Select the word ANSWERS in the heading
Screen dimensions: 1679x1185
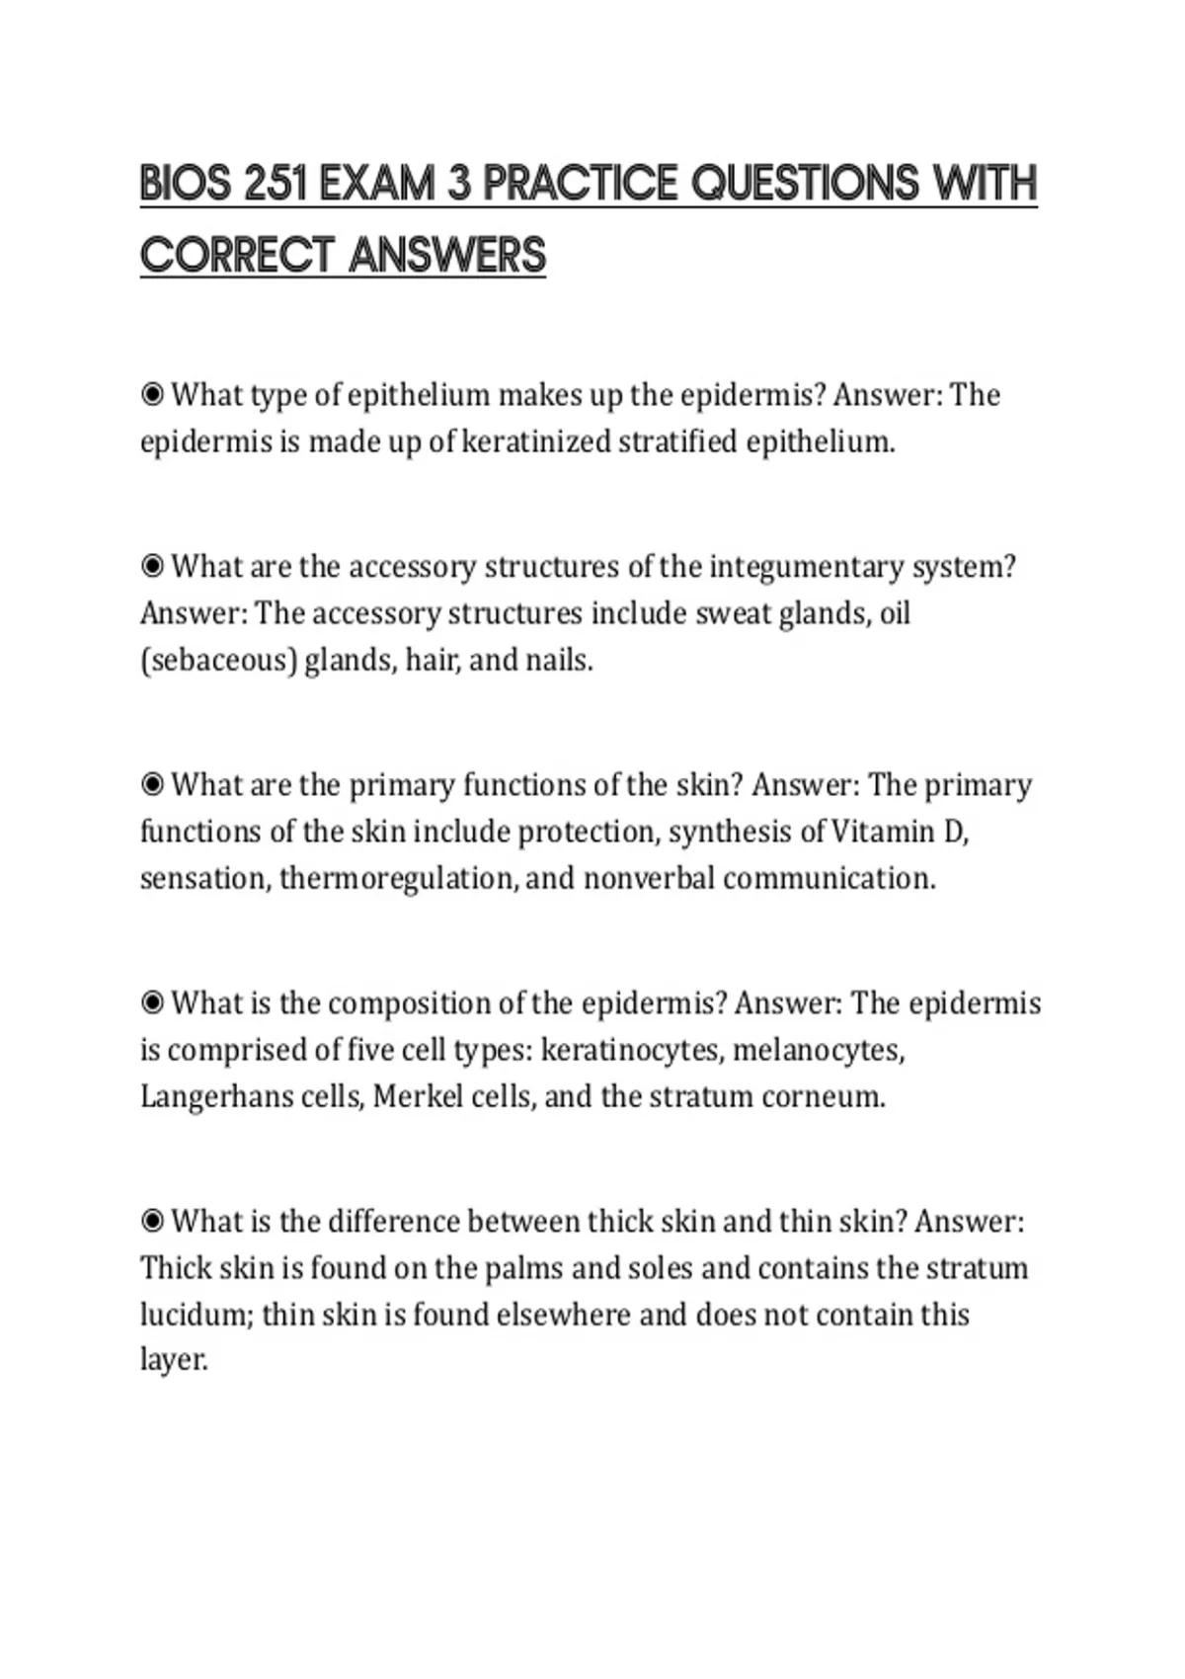tap(447, 255)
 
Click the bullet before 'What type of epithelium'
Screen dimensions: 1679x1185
tap(152, 395)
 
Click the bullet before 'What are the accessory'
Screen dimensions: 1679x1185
tap(152, 567)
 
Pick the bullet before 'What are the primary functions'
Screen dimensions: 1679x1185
tap(152, 785)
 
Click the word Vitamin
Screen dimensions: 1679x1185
tap(883, 832)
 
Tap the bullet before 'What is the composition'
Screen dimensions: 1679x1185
tap(152, 1003)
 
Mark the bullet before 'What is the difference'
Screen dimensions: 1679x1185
tap(152, 1222)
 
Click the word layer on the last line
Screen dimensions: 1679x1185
tap(174, 1361)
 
